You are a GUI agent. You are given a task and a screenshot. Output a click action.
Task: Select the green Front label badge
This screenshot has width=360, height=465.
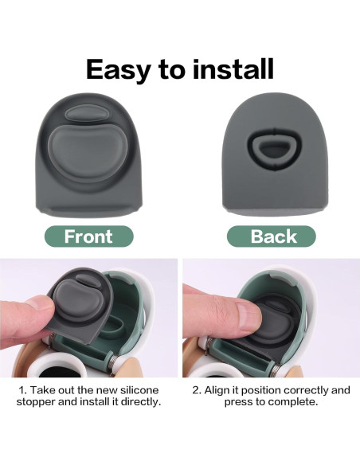tap(88, 236)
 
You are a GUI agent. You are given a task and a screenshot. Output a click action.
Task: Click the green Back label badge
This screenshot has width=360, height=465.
tap(271, 236)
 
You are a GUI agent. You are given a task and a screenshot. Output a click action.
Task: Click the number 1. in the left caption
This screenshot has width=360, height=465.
tap(24, 390)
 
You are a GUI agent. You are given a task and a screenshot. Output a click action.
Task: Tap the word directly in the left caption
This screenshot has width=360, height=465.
tap(137, 403)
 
